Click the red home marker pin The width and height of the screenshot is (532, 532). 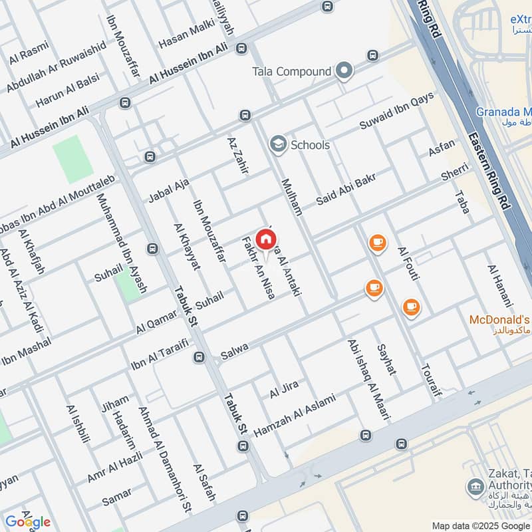click(x=266, y=240)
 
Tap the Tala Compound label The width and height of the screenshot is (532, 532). click(x=291, y=71)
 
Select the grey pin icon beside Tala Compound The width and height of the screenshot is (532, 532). click(x=344, y=70)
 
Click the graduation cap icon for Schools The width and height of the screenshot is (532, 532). click(x=277, y=144)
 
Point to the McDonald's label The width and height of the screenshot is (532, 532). click(x=500, y=320)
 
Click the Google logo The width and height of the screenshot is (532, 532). click(x=27, y=521)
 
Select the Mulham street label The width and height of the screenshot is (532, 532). click(x=292, y=197)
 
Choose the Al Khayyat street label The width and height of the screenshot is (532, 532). click(x=186, y=246)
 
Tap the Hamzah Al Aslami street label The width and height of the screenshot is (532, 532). click(x=295, y=415)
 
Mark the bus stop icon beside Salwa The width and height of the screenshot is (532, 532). click(x=198, y=357)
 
